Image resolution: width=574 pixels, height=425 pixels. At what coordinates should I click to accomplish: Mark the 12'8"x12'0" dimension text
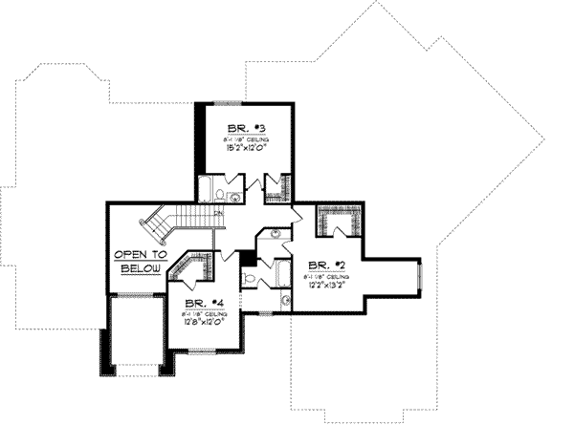[202, 323]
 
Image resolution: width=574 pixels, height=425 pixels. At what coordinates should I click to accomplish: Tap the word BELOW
[133, 269]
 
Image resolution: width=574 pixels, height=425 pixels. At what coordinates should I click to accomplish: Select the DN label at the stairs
[218, 214]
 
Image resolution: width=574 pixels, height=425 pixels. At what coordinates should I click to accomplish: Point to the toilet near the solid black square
[251, 278]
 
